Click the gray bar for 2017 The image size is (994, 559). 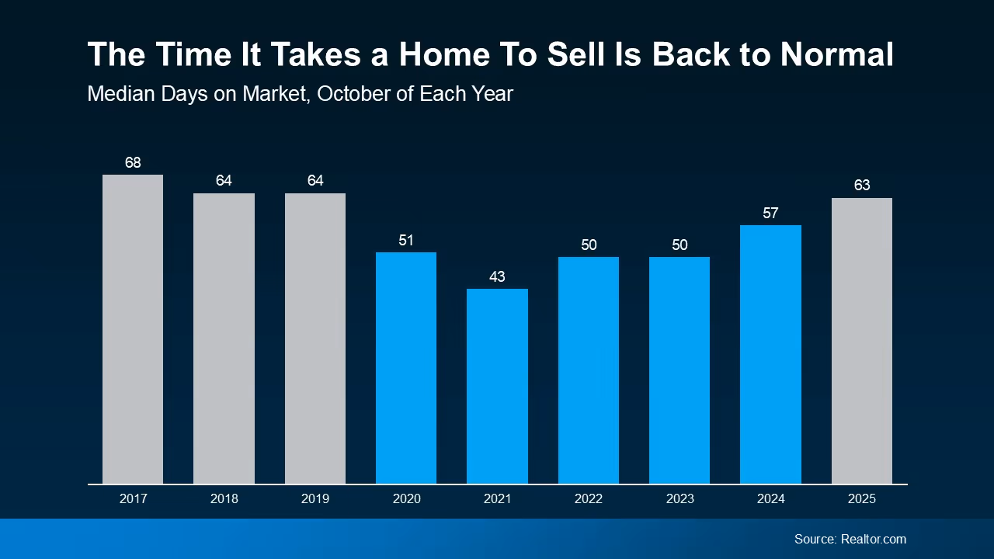click(133, 329)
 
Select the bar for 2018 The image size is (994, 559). click(224, 339)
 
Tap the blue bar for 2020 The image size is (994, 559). click(406, 368)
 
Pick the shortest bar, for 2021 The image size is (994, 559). click(497, 386)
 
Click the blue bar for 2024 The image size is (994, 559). click(770, 354)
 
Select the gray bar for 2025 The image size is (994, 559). click(861, 341)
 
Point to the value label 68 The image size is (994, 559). click(133, 162)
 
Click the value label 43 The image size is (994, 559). click(497, 276)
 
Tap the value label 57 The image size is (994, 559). click(770, 213)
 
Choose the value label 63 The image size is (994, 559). click(861, 186)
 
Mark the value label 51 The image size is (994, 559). click(406, 240)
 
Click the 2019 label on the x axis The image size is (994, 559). click(315, 498)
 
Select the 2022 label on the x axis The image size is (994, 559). click(588, 498)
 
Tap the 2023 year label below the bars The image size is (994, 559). click(679, 498)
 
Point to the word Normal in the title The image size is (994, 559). click(836, 55)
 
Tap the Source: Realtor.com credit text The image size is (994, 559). click(850, 539)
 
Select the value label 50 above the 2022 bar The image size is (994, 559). click(588, 245)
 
